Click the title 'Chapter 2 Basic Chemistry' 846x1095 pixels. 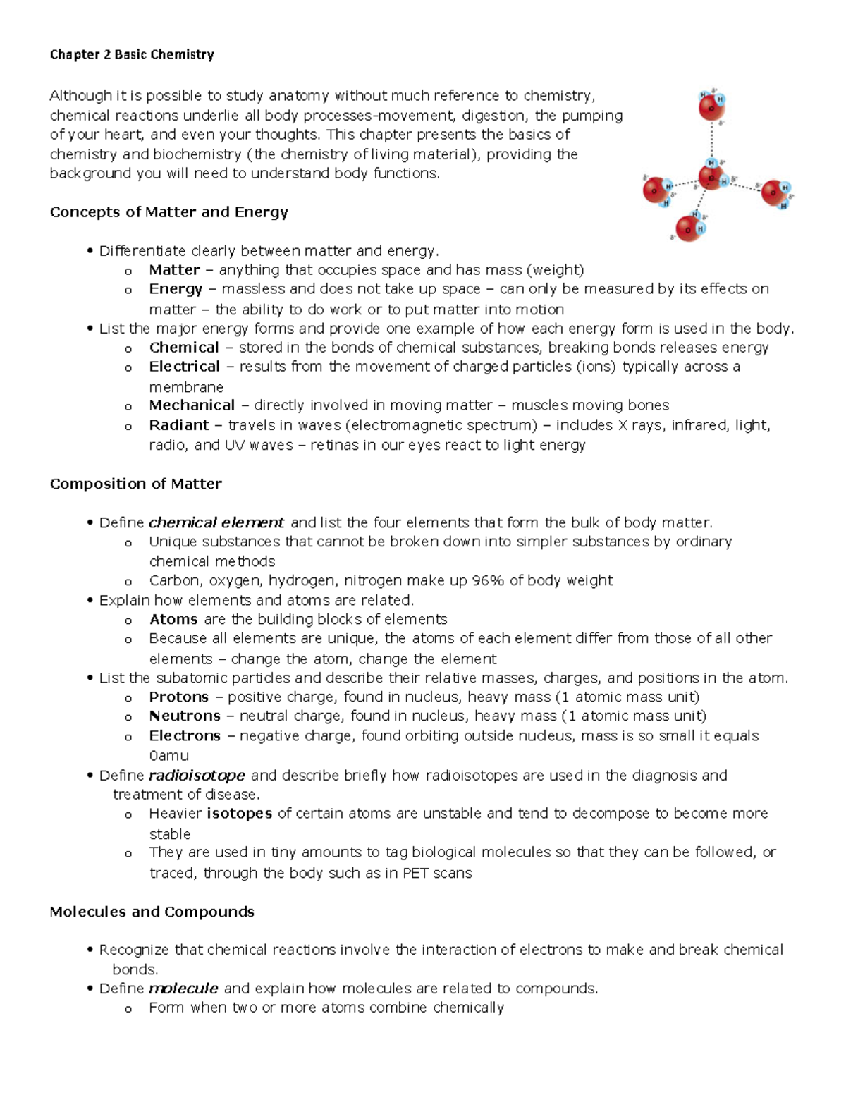point(132,55)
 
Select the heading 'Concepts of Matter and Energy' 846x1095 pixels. point(168,212)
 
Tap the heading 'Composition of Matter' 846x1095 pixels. point(135,484)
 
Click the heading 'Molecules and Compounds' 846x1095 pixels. point(152,912)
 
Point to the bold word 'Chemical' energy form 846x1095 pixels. point(184,348)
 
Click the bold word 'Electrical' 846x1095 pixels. point(185,367)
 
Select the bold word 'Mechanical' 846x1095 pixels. point(192,405)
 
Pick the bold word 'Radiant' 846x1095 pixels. point(179,425)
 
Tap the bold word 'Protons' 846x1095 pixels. point(179,697)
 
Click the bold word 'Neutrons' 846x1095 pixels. point(185,716)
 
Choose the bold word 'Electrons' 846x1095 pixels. point(185,736)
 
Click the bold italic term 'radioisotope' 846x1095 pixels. point(197,776)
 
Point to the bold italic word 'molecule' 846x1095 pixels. point(183,989)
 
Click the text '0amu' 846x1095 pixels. point(168,756)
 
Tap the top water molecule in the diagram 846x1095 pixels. point(711,106)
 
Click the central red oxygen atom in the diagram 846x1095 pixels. point(711,177)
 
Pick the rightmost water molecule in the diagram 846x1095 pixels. point(775,192)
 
